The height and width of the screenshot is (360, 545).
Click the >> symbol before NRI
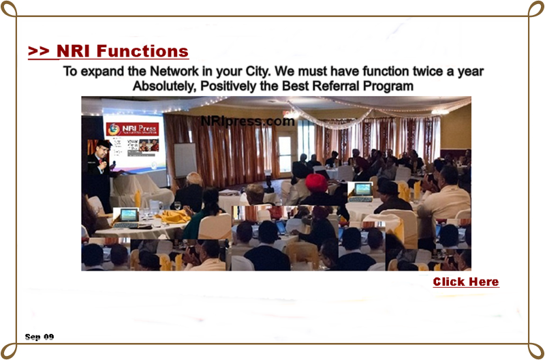coord(40,51)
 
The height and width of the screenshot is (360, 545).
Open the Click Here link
coord(466,282)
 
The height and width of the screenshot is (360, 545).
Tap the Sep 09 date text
coord(40,337)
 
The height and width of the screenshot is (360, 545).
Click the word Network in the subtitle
coord(175,72)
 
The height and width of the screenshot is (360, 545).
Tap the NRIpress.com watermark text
coord(248,121)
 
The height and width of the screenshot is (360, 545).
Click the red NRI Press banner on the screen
coord(132,129)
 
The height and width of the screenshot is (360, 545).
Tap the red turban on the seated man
coord(316,183)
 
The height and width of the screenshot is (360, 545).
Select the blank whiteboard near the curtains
coord(185,160)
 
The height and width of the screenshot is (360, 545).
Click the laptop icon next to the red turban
coord(360,192)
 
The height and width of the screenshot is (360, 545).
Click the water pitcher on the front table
coord(155,208)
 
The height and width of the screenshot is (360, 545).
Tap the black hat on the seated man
coord(388,187)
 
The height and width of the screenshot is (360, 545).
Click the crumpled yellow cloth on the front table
coord(173,216)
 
